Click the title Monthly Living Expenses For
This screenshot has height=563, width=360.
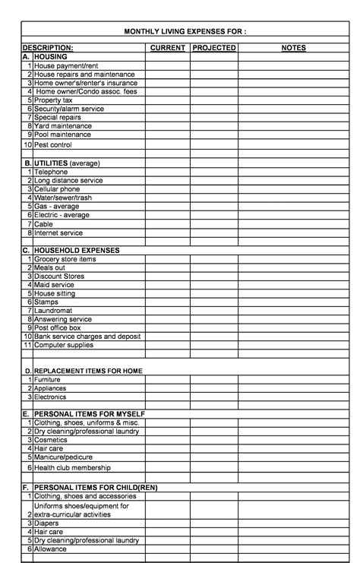coord(185,31)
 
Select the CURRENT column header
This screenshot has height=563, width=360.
coord(168,48)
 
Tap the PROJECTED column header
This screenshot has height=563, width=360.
coord(214,48)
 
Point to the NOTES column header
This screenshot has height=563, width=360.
coord(293,48)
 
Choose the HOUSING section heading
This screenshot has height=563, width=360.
coord(52,57)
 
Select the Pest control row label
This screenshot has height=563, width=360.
coord(53,144)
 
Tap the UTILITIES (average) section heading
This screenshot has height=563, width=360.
coord(67,163)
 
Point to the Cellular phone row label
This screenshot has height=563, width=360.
coord(57,189)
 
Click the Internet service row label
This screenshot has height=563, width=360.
coord(58,233)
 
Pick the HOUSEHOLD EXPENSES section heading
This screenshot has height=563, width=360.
coord(77,250)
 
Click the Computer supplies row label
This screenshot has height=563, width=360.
coord(64,345)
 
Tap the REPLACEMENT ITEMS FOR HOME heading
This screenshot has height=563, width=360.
coord(88,371)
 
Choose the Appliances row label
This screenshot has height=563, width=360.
coord(52,388)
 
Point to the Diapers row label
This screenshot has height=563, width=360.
coord(47,523)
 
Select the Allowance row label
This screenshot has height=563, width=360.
coord(51,549)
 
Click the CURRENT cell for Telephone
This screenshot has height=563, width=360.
coord(168,172)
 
